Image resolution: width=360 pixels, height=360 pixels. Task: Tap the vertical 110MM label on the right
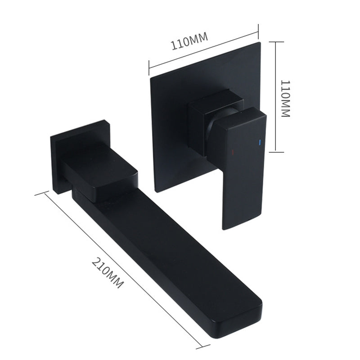pyautogui.click(x=285, y=99)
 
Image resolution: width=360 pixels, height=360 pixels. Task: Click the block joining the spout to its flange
pyautogui.click(x=99, y=171)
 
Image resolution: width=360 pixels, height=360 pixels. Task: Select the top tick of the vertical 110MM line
pyautogui.click(x=276, y=42)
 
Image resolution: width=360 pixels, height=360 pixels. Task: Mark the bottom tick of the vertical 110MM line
pyautogui.click(x=276, y=152)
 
